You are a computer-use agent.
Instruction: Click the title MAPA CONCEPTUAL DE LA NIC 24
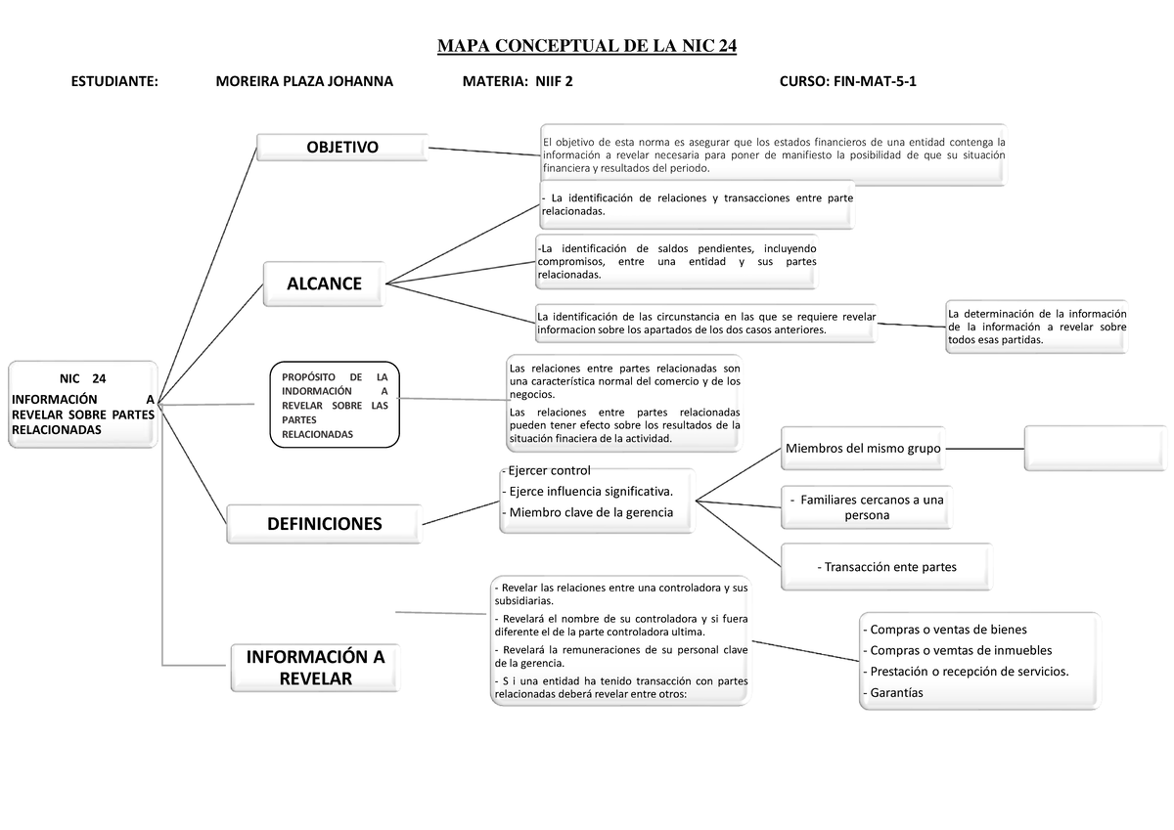(586, 47)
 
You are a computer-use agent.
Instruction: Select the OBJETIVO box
(341, 147)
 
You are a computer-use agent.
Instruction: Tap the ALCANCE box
(324, 284)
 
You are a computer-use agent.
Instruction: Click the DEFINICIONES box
(324, 524)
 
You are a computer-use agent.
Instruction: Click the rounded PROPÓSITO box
(335, 404)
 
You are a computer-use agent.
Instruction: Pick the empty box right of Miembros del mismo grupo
(1096, 448)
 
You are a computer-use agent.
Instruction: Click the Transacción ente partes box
(885, 567)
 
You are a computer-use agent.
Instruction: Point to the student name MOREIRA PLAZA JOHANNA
(303, 83)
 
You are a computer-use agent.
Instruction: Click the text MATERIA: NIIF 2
(518, 83)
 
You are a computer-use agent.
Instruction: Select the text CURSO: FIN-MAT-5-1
(847, 83)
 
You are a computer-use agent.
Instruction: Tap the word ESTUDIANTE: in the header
(114, 83)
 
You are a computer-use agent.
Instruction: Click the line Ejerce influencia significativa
(587, 490)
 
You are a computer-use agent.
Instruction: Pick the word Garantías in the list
(893, 692)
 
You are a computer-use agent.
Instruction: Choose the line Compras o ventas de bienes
(946, 630)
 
